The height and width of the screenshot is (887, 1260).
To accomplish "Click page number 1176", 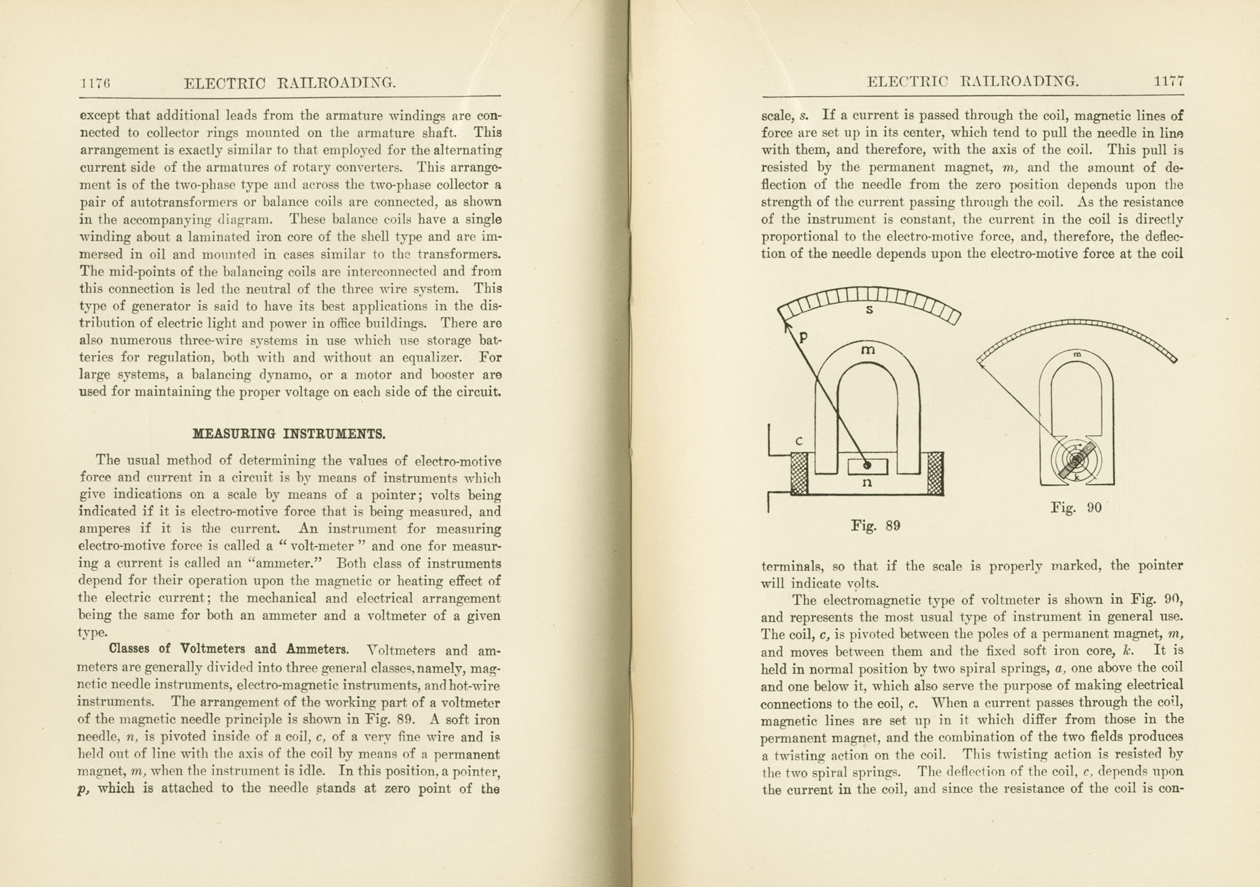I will (x=95, y=83).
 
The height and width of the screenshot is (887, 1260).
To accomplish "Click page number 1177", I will (x=1169, y=81).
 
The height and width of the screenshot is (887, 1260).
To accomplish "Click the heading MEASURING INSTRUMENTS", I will (x=289, y=433).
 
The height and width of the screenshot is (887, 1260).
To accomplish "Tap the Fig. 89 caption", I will (x=875, y=525).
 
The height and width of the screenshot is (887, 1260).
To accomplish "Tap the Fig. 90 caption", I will (x=1076, y=507).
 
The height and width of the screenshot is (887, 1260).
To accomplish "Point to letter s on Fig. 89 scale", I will (x=869, y=310).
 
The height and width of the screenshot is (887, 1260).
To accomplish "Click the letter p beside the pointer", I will (x=803, y=337).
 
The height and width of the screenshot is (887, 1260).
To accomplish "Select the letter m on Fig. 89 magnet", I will (x=868, y=350).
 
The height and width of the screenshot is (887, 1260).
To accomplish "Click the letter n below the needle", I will (x=866, y=483).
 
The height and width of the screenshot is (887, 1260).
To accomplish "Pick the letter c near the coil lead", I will (x=799, y=441).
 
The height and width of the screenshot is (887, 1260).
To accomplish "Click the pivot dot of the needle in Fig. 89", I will (x=867, y=466).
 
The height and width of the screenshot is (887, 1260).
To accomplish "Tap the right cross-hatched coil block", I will (x=935, y=474).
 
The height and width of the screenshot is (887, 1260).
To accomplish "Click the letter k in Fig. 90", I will (x=1076, y=477).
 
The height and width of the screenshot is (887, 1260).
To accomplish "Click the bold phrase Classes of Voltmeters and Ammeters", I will (x=229, y=649).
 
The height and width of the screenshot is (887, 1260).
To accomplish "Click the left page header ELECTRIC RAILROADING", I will (x=290, y=83).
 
